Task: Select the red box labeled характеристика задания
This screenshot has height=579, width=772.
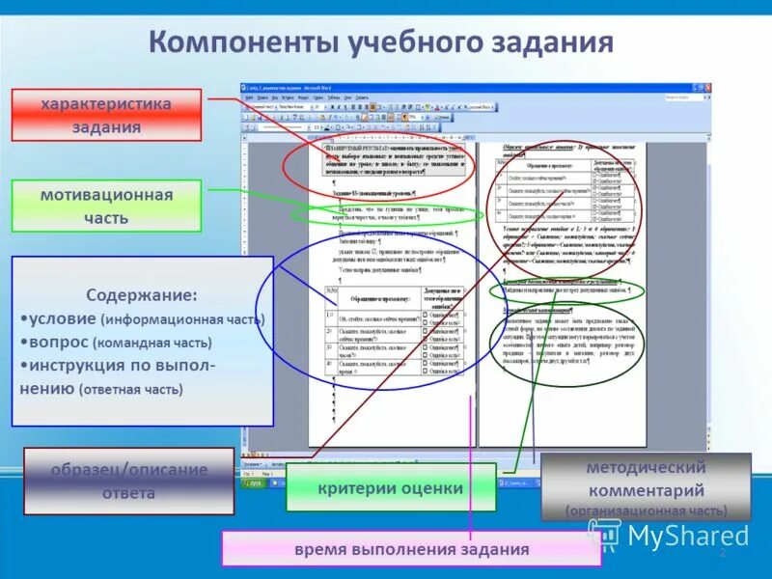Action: pyautogui.click(x=106, y=115)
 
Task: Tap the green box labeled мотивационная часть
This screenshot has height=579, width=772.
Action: pyautogui.click(x=106, y=206)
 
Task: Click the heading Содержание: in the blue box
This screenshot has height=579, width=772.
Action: pyautogui.click(x=142, y=294)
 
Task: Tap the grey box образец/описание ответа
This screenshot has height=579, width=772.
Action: pyautogui.click(x=129, y=481)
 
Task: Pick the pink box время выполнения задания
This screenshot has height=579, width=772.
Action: pyautogui.click(x=412, y=549)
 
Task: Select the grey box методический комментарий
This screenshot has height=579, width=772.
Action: pyautogui.click(x=645, y=477)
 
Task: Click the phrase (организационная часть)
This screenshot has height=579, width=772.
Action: pyautogui.click(x=646, y=510)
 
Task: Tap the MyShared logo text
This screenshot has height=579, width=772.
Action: pyautogui.click(x=687, y=536)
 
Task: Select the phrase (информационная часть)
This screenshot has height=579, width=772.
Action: pyautogui.click(x=181, y=318)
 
